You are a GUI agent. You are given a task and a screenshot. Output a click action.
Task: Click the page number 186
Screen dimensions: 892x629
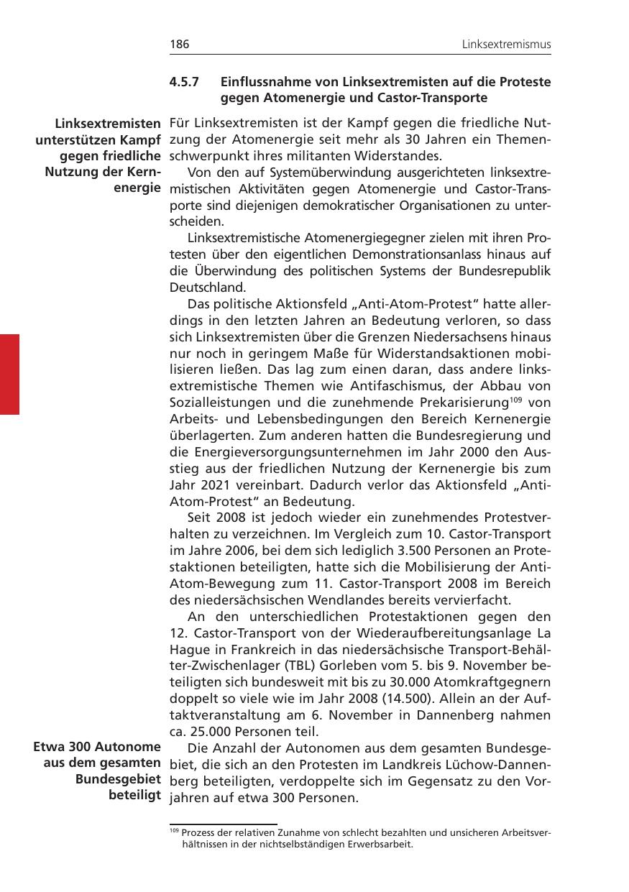click(x=179, y=45)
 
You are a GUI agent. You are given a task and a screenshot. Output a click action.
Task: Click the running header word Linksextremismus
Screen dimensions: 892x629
click(x=506, y=45)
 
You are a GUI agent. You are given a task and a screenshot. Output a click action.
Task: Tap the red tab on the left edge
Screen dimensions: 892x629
click(x=9, y=374)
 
